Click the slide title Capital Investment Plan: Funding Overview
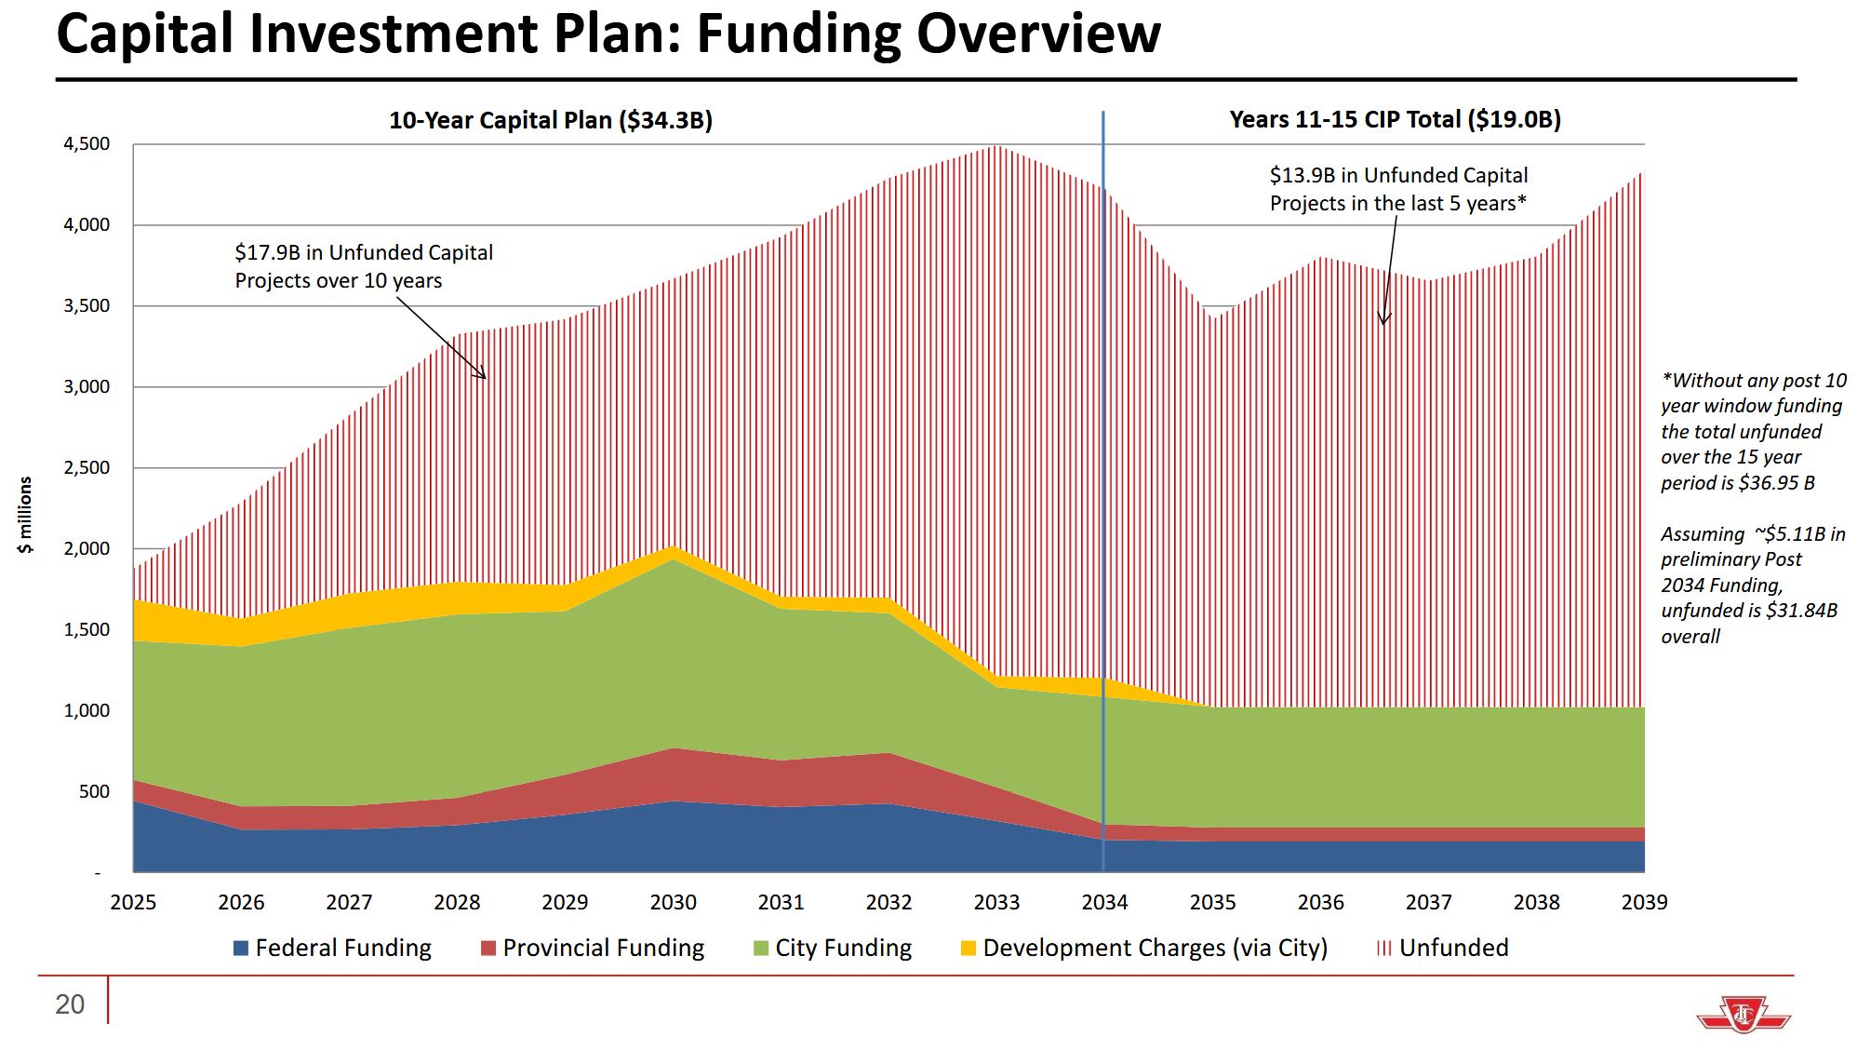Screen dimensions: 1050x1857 coord(608,34)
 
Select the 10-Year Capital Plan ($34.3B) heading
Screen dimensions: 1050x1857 coord(550,120)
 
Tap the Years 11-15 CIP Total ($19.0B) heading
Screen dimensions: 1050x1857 coord(1395,119)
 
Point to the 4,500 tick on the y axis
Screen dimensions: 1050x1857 coord(87,144)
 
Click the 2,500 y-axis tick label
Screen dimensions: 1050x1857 coord(87,467)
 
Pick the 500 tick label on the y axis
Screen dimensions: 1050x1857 coord(94,791)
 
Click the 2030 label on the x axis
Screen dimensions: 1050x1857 coord(673,902)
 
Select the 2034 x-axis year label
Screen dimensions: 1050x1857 coord(1104,902)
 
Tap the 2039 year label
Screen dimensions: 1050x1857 coord(1644,902)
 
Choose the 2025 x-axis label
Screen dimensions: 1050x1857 coord(133,902)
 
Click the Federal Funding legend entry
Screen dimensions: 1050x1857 coord(332,948)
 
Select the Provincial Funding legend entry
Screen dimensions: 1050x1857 coord(593,948)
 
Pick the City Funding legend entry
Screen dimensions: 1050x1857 coord(833,948)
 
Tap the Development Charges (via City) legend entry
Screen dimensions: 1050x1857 coord(1143,948)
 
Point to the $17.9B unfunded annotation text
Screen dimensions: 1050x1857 coord(364,266)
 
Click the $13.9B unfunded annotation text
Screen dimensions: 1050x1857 coord(1398,189)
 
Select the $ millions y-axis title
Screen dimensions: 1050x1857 coord(25,515)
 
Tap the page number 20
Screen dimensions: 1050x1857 coord(70,1004)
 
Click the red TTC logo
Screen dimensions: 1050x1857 coord(1743,1014)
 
